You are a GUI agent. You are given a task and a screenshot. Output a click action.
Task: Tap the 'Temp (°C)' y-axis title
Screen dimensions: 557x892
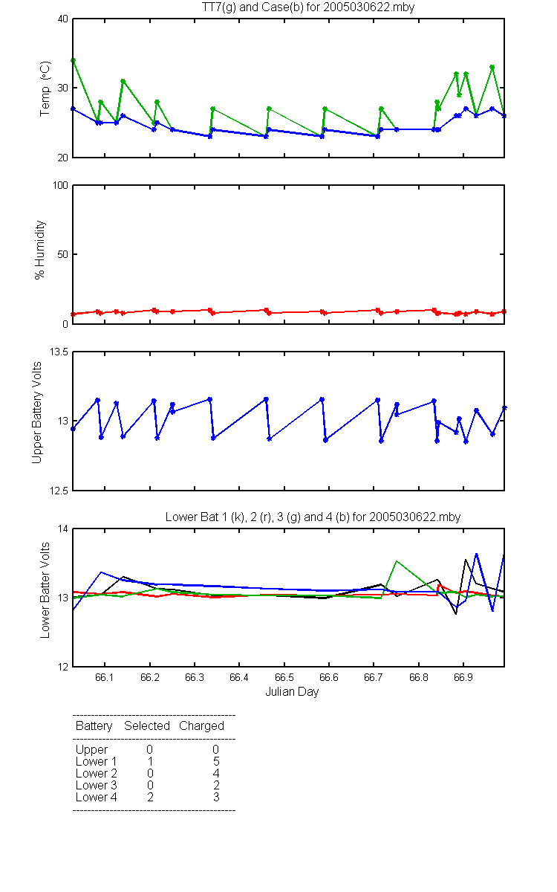coord(45,88)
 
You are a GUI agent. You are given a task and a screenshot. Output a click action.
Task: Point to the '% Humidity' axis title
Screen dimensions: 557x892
coord(40,250)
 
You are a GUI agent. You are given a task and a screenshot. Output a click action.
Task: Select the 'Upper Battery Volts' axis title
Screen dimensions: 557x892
coord(36,413)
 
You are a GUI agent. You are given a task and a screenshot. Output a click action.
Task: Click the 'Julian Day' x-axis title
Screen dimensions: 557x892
coord(292,692)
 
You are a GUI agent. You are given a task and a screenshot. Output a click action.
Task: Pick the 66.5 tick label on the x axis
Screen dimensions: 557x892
coord(284,677)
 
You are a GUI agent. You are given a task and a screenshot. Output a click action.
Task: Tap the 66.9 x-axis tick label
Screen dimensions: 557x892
coord(463,677)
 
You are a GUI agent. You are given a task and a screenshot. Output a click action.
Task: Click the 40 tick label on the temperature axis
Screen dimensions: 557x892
coord(63,19)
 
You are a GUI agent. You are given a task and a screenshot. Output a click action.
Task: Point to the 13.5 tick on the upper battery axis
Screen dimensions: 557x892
coord(59,352)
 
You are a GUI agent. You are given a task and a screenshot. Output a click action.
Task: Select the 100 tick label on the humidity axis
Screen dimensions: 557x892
coord(60,185)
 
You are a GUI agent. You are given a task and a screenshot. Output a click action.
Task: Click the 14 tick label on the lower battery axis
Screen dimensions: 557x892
coord(63,529)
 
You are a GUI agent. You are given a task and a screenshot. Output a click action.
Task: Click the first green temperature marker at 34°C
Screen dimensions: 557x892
coord(74,60)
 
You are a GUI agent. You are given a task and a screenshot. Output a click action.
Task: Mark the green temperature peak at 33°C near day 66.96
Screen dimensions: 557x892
coord(492,68)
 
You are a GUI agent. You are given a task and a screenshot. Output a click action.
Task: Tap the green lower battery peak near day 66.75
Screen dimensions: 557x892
coord(397,561)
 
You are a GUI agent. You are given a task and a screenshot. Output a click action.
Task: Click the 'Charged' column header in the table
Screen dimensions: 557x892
coord(201,726)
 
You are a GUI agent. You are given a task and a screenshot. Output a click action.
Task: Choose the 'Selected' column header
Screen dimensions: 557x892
coord(147,726)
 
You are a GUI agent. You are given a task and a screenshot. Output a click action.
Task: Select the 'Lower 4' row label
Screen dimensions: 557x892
coord(97,797)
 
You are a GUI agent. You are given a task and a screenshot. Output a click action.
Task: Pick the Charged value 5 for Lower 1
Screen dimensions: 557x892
coord(216,761)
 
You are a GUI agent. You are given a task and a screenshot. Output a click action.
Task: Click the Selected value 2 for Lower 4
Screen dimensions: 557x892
coord(150,797)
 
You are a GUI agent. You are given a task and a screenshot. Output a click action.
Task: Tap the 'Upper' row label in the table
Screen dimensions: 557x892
coord(91,750)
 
